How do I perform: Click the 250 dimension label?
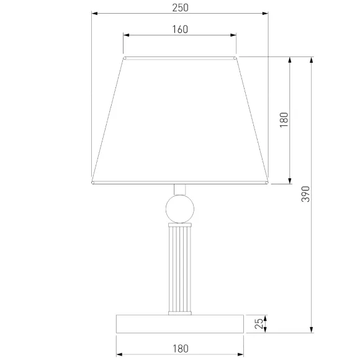[180, 8]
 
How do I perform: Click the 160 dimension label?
[180, 29]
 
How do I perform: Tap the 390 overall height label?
[305, 194]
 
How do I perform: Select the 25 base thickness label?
[259, 323]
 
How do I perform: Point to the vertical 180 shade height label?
[284, 120]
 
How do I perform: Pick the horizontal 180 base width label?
[181, 348]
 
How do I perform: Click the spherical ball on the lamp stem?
[180, 209]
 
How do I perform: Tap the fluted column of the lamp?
[180, 269]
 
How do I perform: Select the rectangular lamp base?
[180, 324]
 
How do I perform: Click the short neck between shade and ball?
[180, 190]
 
